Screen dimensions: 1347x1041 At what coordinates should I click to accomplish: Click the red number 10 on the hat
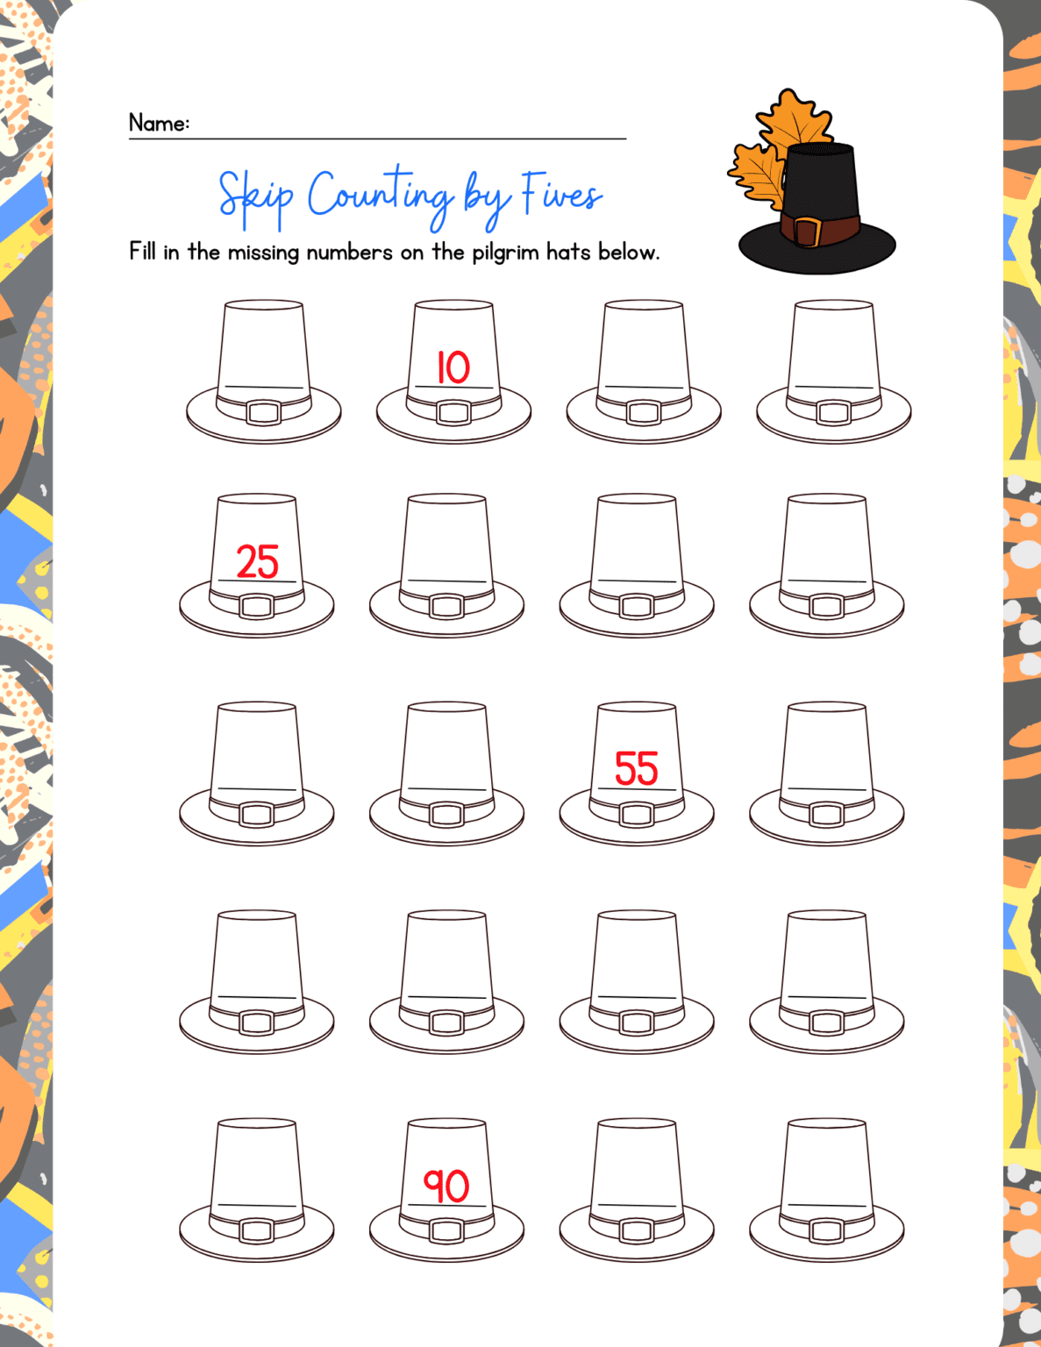pos(453,367)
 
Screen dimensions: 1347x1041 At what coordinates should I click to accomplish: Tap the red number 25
pos(257,562)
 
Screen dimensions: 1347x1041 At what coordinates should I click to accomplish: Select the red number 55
pos(636,769)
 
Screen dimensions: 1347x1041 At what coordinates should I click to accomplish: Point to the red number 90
pos(446,1186)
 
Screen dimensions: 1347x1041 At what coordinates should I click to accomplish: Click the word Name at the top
pos(158,123)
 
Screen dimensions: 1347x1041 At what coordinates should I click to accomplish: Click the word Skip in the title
pos(255,196)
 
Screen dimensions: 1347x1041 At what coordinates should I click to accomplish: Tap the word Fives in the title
pos(562,193)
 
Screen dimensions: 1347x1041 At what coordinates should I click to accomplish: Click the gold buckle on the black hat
pos(807,232)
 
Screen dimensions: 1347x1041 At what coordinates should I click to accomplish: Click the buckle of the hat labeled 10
pos(453,412)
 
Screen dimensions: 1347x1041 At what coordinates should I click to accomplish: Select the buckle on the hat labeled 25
pos(257,606)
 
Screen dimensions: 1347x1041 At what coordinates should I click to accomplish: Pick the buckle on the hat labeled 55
pos(637,815)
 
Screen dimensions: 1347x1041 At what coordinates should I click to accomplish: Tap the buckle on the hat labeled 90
pos(446,1230)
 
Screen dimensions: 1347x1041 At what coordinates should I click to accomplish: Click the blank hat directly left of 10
pos(263,368)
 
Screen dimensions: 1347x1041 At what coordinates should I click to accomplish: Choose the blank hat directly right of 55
pos(826,772)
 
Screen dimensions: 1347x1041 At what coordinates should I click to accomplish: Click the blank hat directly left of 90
pos(257,1188)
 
